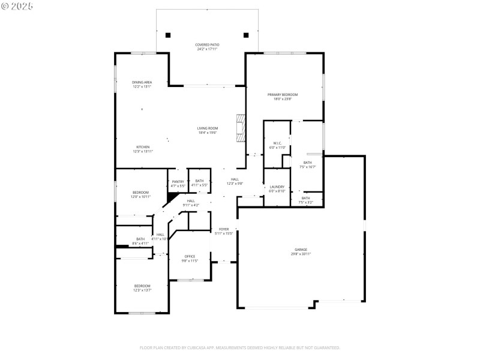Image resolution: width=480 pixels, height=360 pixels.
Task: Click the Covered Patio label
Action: (206, 47)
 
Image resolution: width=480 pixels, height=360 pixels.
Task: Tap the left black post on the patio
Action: (168, 35)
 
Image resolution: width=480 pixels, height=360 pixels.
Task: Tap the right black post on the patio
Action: (245, 35)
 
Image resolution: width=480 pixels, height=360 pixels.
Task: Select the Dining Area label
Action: (142, 84)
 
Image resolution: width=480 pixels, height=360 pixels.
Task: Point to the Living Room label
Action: (208, 130)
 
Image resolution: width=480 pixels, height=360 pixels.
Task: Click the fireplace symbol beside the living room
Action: (241, 128)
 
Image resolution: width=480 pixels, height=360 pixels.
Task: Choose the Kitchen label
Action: (143, 149)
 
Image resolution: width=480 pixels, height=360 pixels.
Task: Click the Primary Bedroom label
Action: (283, 97)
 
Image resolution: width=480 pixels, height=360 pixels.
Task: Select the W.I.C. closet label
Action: (275, 145)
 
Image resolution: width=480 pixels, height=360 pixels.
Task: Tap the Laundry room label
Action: (277, 188)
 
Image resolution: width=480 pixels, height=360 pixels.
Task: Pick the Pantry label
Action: (178, 184)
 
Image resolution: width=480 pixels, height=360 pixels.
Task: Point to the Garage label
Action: (301, 251)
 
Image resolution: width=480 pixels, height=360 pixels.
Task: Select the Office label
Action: (190, 258)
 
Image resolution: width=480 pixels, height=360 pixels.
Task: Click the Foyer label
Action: (223, 231)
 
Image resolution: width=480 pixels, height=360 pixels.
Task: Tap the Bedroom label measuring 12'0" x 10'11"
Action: (140, 194)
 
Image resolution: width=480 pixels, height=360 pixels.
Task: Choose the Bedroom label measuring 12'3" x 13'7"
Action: (142, 287)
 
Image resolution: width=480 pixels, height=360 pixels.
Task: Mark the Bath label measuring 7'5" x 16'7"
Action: (307, 164)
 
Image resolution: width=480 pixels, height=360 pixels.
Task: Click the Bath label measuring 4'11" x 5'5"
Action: (199, 182)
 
